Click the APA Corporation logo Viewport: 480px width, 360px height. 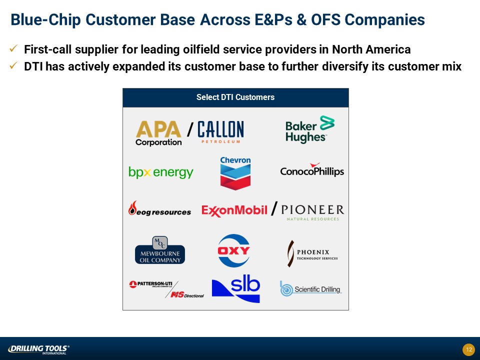(x=158, y=133)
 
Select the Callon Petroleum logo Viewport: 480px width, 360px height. (x=220, y=132)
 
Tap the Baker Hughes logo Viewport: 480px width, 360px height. (x=310, y=129)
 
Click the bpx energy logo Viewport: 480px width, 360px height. (x=161, y=172)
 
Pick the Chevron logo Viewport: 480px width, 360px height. (x=235, y=173)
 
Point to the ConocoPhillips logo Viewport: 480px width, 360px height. (x=312, y=170)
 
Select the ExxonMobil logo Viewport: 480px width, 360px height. (x=234, y=210)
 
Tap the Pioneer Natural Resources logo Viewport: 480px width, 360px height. (x=312, y=212)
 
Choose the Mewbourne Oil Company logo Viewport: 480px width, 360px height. (x=160, y=250)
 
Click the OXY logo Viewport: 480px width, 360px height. (x=234, y=250)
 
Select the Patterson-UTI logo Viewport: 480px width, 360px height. (x=150, y=284)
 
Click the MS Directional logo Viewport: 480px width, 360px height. (x=187, y=295)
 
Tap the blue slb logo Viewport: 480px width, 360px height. (x=236, y=288)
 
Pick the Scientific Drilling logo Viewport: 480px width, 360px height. (x=310, y=288)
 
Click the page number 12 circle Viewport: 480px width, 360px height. (x=468, y=349)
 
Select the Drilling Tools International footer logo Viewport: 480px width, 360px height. (x=38, y=349)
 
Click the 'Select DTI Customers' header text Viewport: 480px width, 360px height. (x=235, y=97)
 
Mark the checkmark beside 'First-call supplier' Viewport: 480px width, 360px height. (x=13, y=48)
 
